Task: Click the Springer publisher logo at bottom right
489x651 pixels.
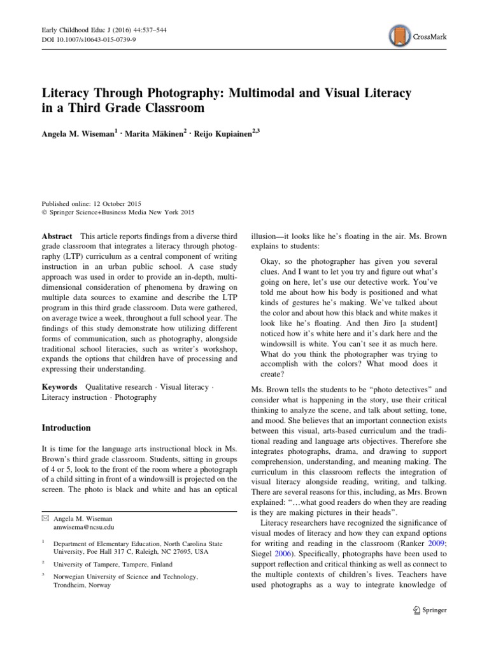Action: point(430,609)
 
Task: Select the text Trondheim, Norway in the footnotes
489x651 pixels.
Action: point(82,585)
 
